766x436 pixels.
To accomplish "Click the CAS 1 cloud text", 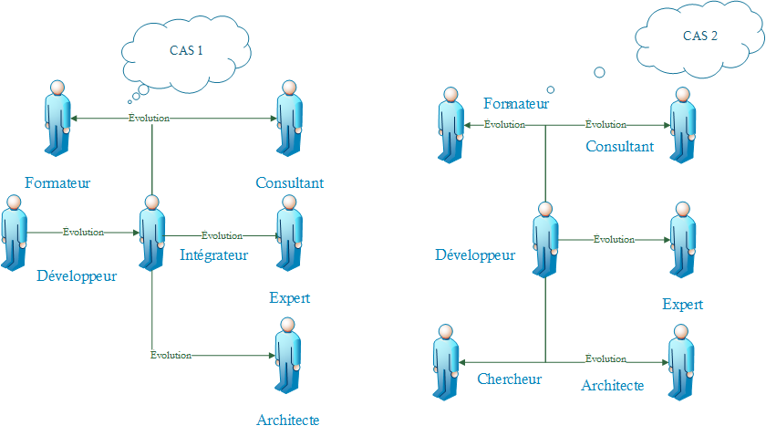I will (x=186, y=51).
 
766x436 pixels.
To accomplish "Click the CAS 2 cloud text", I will (x=700, y=36).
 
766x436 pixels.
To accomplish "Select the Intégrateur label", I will (x=214, y=255).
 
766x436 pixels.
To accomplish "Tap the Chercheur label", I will (x=510, y=379).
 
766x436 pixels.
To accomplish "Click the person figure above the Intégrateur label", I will (x=152, y=233).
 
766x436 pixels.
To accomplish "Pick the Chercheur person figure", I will (x=446, y=361).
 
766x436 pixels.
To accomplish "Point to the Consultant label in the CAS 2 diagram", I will (x=619, y=146).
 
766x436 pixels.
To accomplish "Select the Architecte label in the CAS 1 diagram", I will (x=288, y=420).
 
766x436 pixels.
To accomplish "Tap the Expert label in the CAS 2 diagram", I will (x=683, y=305).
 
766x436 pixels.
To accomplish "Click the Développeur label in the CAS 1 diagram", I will (x=77, y=275).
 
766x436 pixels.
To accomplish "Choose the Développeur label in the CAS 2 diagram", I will (x=475, y=254).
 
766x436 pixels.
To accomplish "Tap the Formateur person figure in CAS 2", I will (x=450, y=125).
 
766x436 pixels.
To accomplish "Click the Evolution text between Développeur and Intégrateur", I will (x=83, y=233).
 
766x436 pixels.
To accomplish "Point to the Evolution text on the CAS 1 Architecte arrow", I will (x=171, y=355).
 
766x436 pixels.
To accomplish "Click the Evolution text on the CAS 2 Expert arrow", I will (x=614, y=239).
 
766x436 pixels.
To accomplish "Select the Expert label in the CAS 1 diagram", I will (x=290, y=298).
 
